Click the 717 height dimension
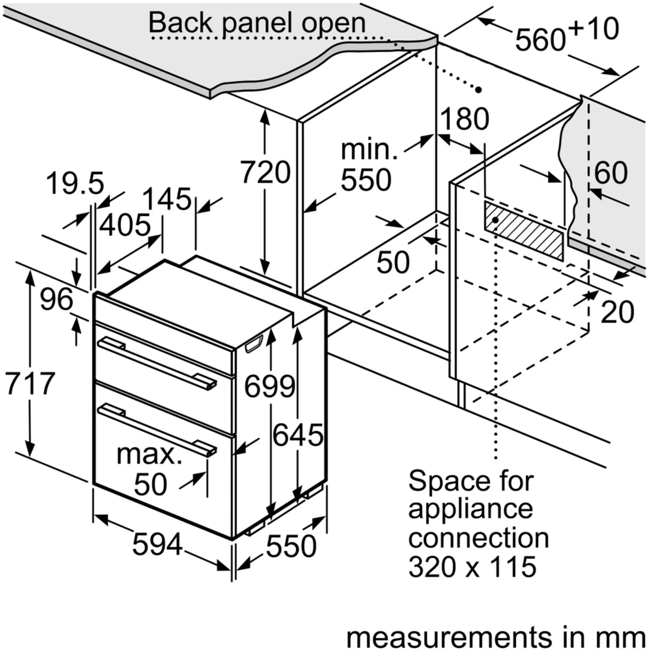30,384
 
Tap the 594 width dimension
157,544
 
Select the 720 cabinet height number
266,172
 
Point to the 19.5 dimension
75,184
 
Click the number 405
125,225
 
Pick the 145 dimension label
167,199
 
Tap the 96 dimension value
56,299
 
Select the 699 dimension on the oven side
269,387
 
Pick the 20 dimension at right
617,312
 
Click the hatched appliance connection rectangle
524,231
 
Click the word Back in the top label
181,23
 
